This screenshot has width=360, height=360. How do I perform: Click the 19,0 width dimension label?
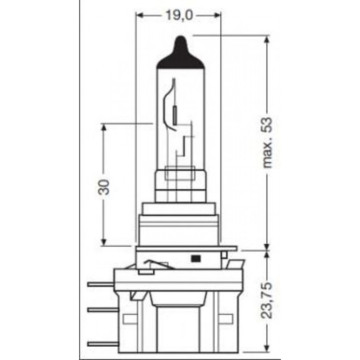(x=178, y=15)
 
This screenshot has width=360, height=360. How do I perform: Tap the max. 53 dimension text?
(x=267, y=143)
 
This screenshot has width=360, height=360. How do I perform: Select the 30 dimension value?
(x=104, y=187)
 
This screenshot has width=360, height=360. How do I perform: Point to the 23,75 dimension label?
(x=267, y=300)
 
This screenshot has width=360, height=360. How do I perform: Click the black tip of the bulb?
(x=181, y=54)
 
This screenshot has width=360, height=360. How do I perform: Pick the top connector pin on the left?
(x=101, y=284)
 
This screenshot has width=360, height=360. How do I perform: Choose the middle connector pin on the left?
(x=103, y=310)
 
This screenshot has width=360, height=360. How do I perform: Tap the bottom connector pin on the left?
(x=103, y=344)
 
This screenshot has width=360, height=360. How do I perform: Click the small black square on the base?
(x=196, y=258)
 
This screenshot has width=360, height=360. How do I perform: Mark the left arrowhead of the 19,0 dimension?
(x=140, y=15)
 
